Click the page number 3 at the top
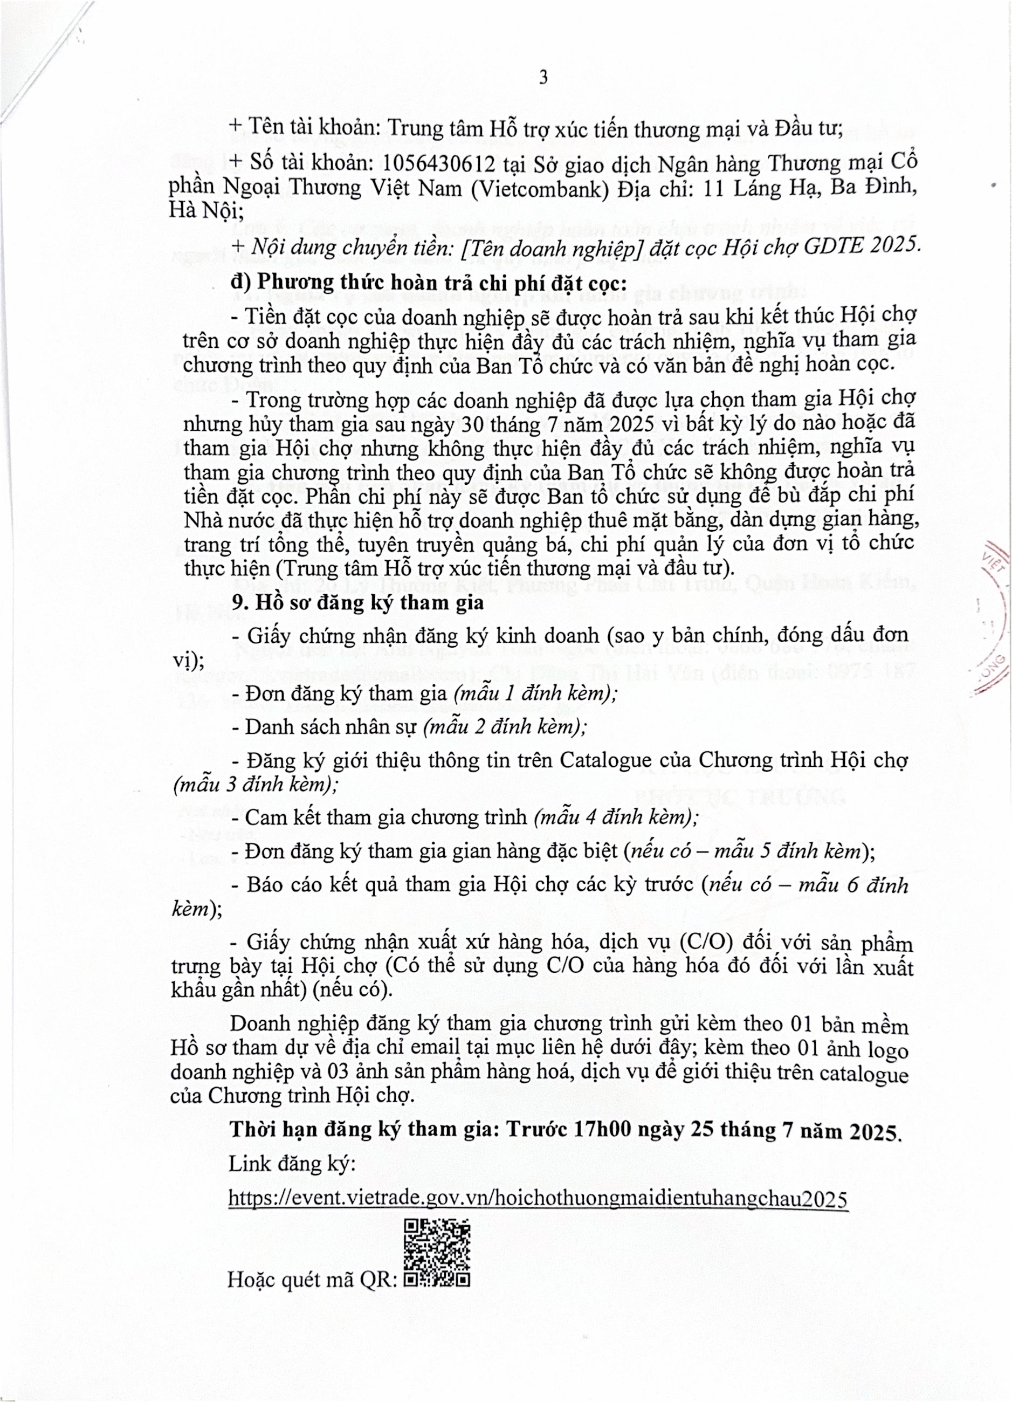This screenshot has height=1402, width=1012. point(543,78)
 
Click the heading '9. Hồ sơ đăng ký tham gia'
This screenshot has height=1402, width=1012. point(358,602)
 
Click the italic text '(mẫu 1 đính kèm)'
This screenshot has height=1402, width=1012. point(535,693)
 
